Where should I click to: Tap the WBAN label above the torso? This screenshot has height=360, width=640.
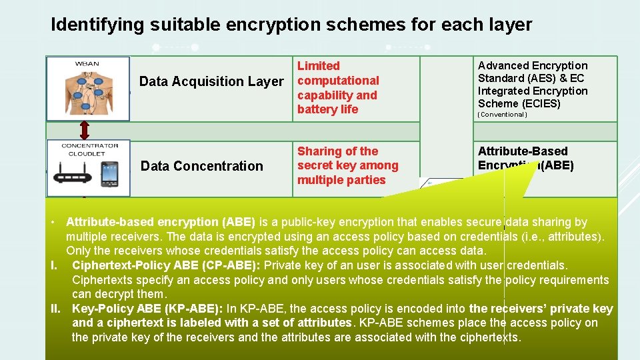coord(87,64)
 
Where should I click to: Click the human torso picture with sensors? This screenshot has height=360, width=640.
coord(88,93)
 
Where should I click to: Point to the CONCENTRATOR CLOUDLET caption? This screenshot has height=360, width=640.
coord(87,149)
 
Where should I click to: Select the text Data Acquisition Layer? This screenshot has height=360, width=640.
coord(211,81)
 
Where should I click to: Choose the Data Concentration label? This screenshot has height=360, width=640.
coord(202,166)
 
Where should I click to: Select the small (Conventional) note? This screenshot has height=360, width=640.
coord(503,115)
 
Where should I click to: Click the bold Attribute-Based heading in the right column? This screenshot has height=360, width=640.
coord(523,151)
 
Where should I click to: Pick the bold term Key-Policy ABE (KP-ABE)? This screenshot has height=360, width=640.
coord(147,309)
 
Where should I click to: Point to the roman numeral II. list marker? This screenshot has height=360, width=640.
coord(57,309)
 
